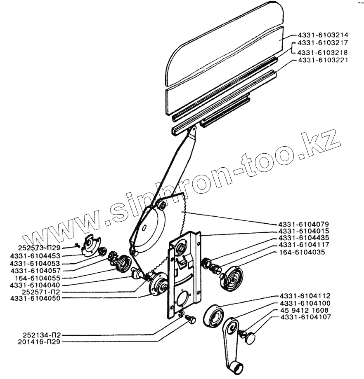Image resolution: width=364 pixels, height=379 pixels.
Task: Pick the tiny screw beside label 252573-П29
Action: click(x=78, y=246)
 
